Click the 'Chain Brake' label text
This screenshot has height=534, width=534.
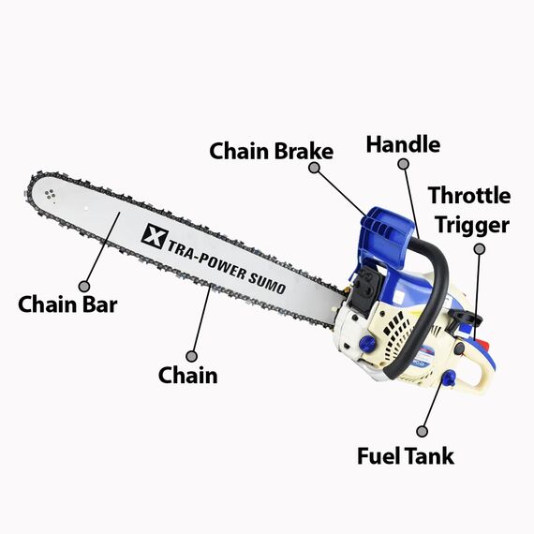click(272, 151)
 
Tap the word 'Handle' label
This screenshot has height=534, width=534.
click(403, 144)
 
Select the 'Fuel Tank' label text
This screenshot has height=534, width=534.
click(406, 456)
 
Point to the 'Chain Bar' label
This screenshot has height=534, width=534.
click(67, 304)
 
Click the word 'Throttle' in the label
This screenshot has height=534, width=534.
click(469, 196)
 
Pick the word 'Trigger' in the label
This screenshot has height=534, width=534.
click(473, 226)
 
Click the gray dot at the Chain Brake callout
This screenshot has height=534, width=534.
click(314, 168)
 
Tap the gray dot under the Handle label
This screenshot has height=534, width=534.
click(404, 164)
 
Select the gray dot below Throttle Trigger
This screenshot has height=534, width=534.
click(480, 249)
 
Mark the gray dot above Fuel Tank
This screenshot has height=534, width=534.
click(422, 431)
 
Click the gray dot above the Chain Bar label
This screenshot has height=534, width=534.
click(84, 286)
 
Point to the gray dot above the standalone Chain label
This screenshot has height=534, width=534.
click(192, 357)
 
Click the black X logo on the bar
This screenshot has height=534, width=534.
click(155, 236)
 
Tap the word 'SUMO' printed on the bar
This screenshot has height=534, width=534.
click(266, 282)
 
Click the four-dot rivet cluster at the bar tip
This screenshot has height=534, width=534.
click(50, 195)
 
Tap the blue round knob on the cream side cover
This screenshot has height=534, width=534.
click(368, 342)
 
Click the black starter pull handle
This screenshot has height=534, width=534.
click(465, 318)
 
